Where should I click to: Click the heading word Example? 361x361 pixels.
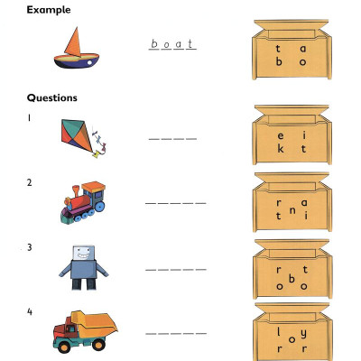pos(49,10)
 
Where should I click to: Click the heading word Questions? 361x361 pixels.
pos(52,97)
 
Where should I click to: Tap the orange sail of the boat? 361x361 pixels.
pos(73,42)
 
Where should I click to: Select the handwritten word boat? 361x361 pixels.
pos(172,44)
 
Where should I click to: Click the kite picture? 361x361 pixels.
pos(84,138)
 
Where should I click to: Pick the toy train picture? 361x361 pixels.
pos(83,202)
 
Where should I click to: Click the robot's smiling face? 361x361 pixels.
pos(84,254)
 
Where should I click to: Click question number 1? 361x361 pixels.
pos(29,118)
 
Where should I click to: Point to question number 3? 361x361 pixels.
pos(29,247)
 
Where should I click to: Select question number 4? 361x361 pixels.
pos(30,311)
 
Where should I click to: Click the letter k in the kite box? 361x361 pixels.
pos(281,148)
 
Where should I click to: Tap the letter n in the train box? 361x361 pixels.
pos(292,211)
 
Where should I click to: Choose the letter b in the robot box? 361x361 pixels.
pos(292,279)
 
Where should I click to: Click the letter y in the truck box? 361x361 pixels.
pos(304,333)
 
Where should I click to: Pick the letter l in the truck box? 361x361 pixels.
pos(279,332)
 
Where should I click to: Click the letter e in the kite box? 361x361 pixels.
pos(280,136)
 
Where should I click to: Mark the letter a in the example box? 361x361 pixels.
pos(303,49)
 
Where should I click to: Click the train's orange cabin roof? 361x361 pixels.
pos(94,187)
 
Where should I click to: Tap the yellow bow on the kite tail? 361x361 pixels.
pos(97,155)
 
